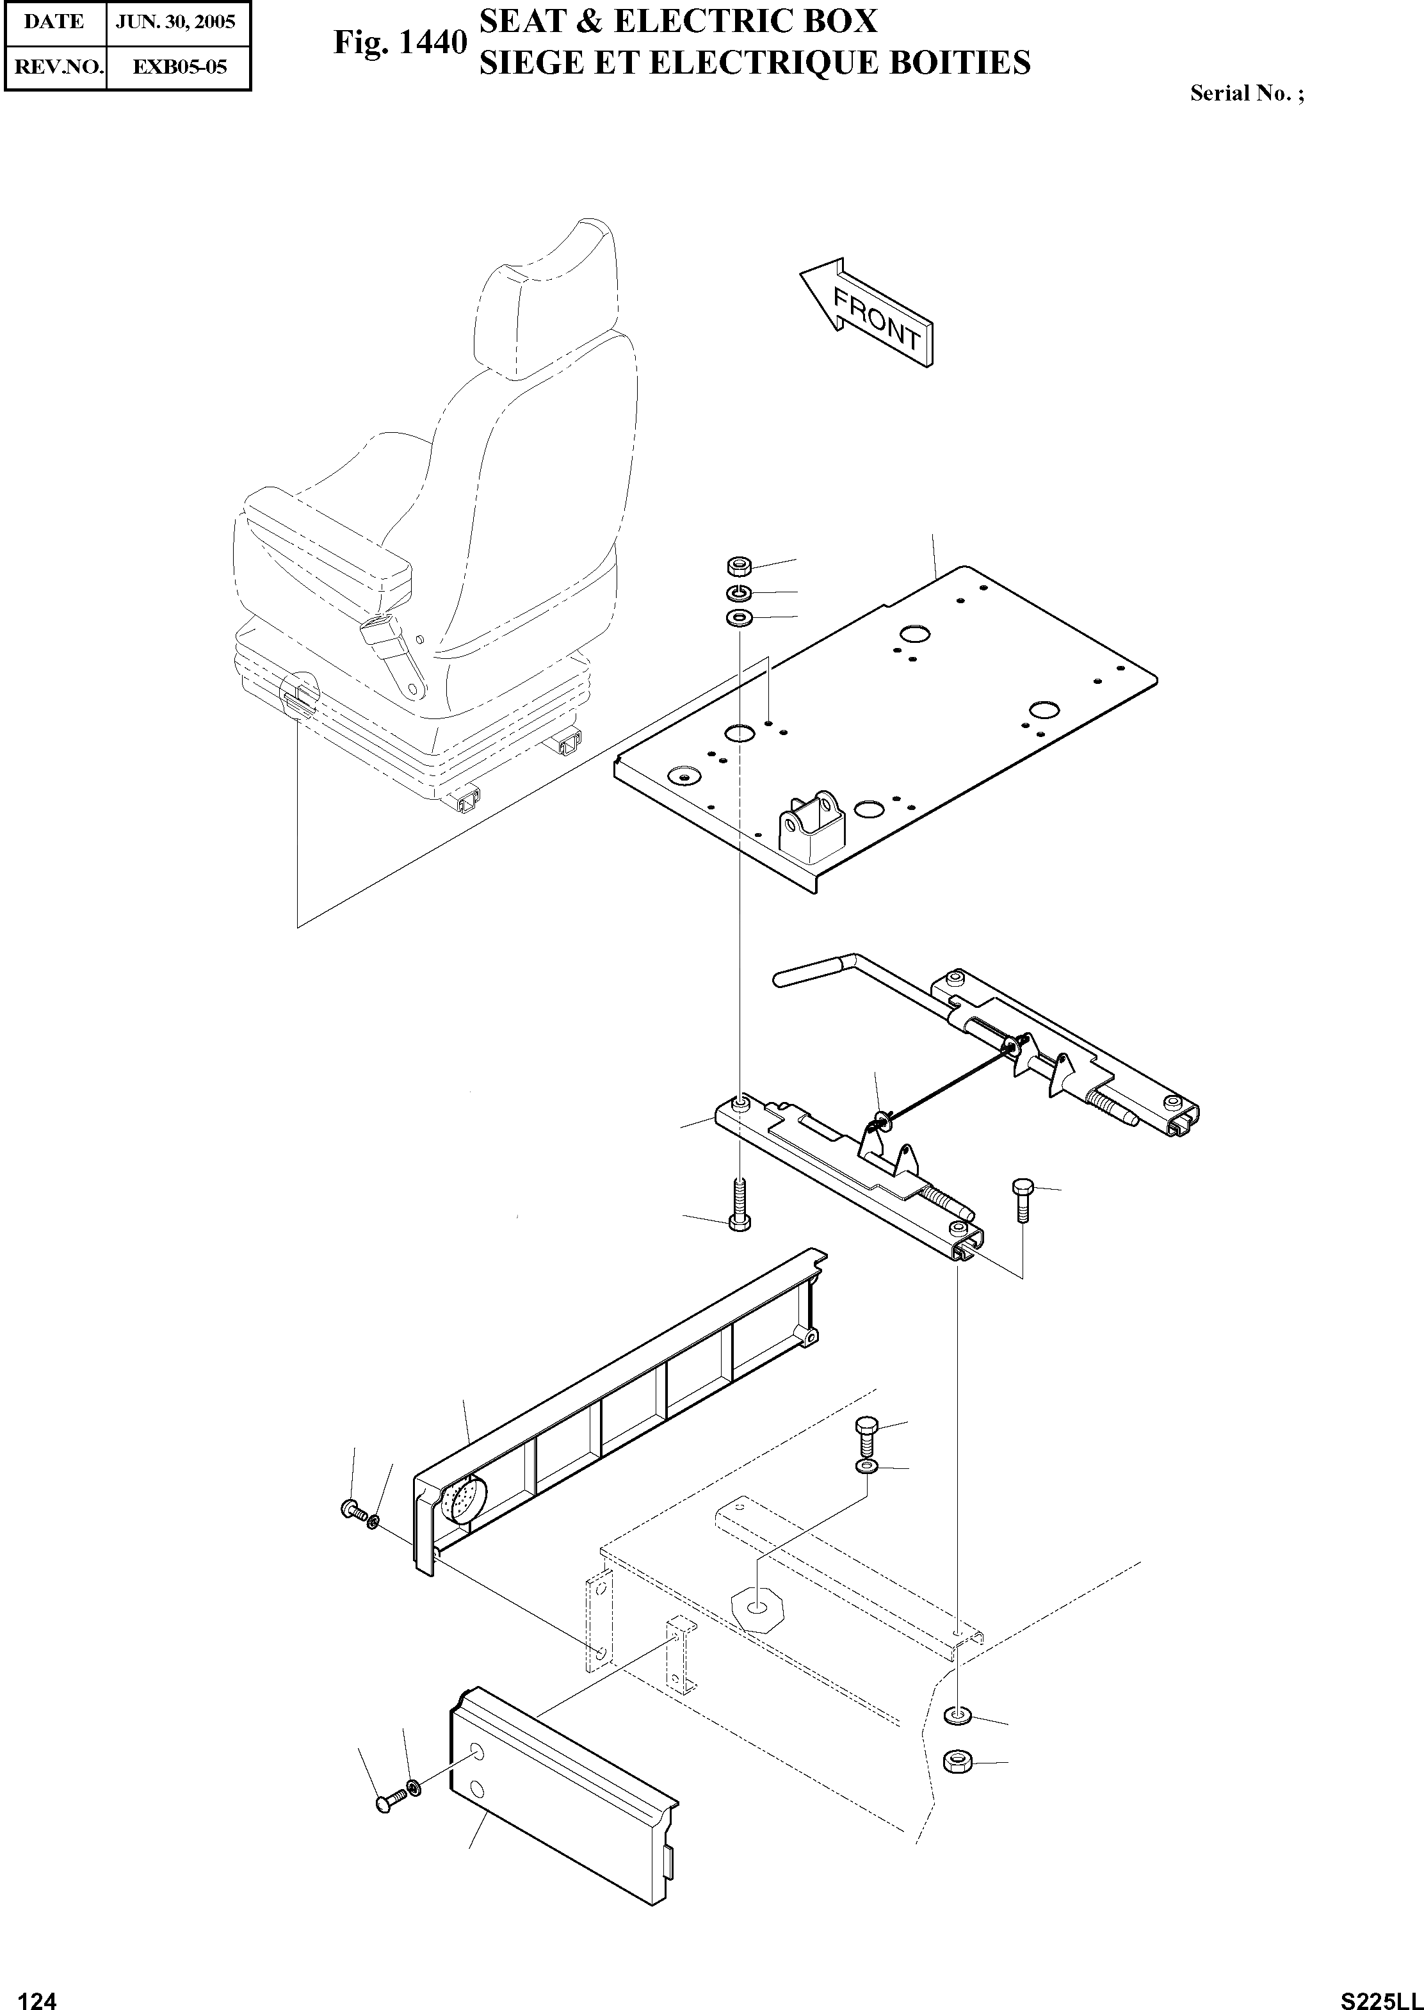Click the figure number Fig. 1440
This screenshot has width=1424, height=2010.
coord(399,42)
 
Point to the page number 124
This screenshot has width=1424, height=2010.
coord(37,1993)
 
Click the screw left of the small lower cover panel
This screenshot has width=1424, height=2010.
coord(389,1801)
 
